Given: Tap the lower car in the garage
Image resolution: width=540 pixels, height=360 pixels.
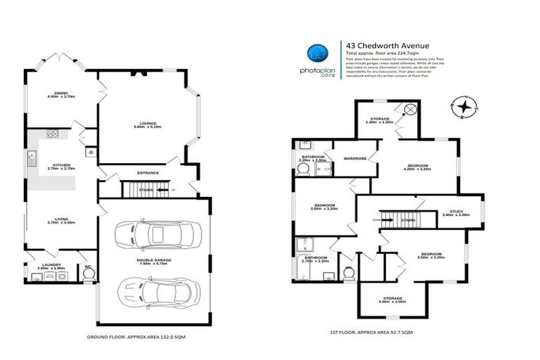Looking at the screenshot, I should click(x=154, y=289).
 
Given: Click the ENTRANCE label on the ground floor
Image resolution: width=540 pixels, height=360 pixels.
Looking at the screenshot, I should click(x=148, y=173).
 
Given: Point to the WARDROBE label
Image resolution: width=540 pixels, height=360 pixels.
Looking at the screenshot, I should click(x=356, y=159).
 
